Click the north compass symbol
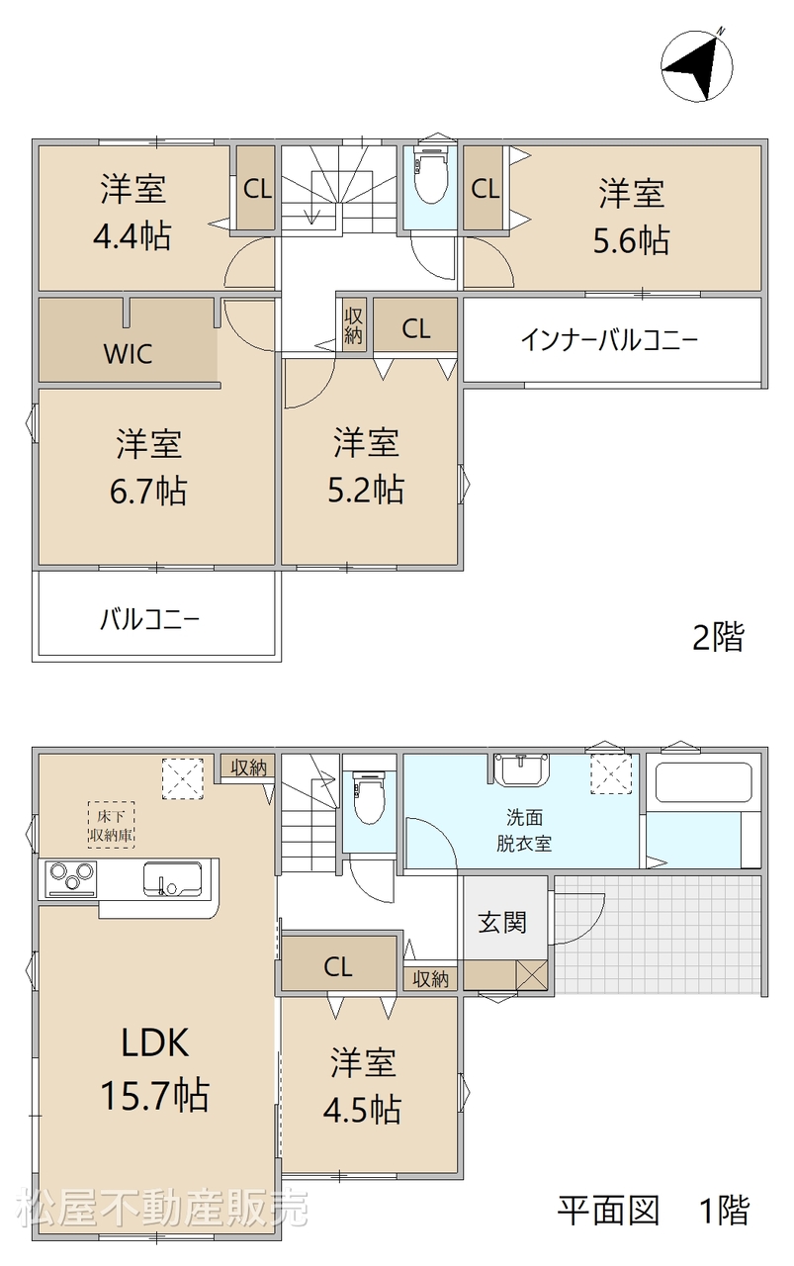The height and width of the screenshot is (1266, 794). click(697, 66)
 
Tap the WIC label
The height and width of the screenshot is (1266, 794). click(129, 354)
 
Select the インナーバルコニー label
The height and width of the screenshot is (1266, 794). click(609, 340)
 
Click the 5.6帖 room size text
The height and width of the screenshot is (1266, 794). click(631, 240)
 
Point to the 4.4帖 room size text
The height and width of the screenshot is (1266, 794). click(132, 235)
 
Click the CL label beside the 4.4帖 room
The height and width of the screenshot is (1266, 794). click(257, 189)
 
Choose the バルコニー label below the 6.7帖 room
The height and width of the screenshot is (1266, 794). click(149, 620)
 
